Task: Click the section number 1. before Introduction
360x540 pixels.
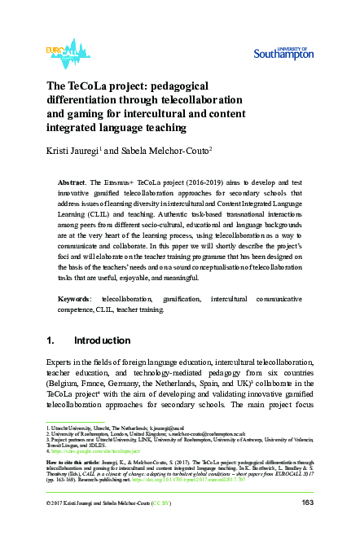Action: (50, 340)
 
